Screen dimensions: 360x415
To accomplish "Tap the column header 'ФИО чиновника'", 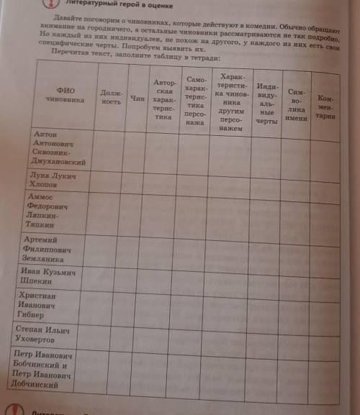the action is pos(65,96).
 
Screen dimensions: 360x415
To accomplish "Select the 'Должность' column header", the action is pos(110,98).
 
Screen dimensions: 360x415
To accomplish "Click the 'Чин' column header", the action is pos(137,98).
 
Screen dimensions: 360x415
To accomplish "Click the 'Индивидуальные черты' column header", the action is pos(266,101).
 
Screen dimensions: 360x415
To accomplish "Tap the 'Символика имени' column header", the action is pos(295,105).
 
